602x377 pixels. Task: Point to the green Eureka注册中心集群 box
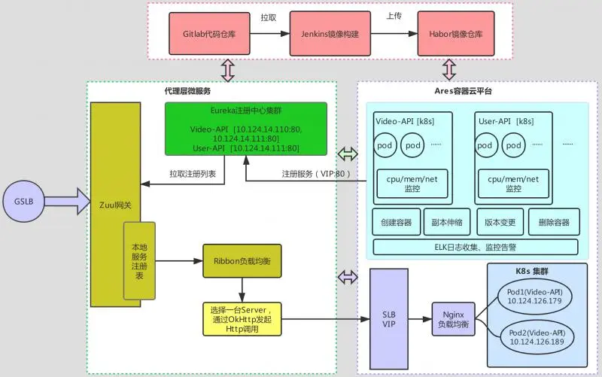click(246, 129)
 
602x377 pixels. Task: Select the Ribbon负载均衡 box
click(242, 261)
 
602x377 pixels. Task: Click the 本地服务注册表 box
click(139, 261)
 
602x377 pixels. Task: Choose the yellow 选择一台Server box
click(242, 319)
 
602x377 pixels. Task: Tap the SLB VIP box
click(389, 318)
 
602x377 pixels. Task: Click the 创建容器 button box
click(395, 223)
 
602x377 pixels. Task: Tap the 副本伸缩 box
click(447, 223)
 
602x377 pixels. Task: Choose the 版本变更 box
click(500, 223)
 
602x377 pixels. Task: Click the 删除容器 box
click(554, 223)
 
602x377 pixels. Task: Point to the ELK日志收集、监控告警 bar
click(475, 247)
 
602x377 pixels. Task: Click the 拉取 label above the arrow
click(269, 16)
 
